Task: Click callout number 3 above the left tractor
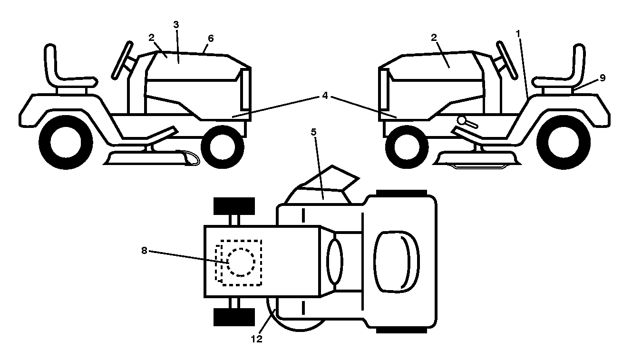(176, 25)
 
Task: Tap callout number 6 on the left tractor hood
(211, 39)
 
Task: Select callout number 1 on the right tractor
(518, 34)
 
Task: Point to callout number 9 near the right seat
(603, 78)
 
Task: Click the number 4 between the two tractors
(325, 96)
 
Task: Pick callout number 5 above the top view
(314, 132)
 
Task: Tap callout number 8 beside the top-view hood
(144, 250)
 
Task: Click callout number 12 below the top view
(256, 339)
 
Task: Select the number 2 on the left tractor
(152, 38)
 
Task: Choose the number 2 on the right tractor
(434, 38)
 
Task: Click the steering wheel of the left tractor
(122, 60)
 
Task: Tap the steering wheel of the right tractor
(507, 60)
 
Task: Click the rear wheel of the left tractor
(66, 142)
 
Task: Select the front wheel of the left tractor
(223, 147)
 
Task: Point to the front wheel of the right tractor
(407, 147)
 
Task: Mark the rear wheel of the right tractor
(564, 142)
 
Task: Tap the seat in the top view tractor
(396, 261)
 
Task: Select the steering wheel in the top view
(335, 261)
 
